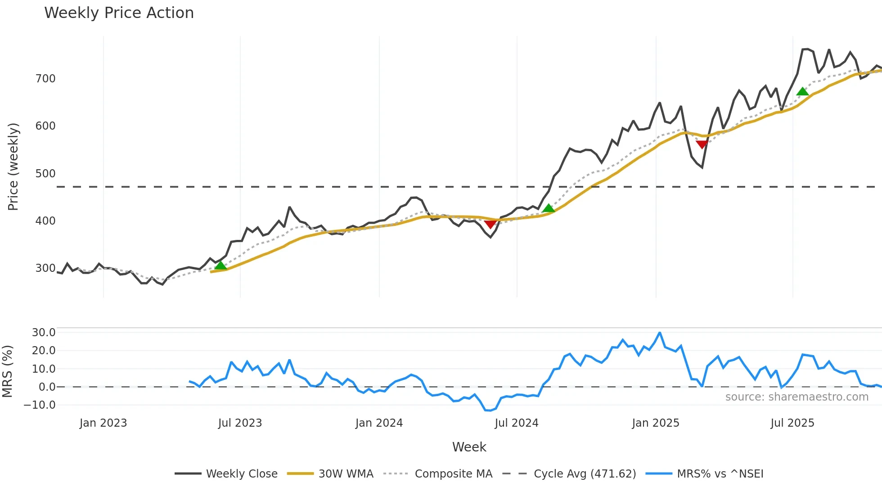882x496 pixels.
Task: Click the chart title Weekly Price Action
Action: click(x=119, y=13)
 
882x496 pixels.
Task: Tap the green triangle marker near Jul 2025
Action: click(x=802, y=92)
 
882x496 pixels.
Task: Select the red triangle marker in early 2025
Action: click(x=702, y=144)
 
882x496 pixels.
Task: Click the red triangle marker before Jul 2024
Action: click(x=490, y=224)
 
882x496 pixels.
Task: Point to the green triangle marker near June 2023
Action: click(x=220, y=265)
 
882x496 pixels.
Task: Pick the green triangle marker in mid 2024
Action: click(x=549, y=208)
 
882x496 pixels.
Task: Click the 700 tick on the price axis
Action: click(x=45, y=79)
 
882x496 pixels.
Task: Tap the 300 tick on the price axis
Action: click(x=45, y=268)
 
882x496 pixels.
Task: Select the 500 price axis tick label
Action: click(x=45, y=174)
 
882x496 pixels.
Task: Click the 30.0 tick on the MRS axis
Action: click(x=44, y=333)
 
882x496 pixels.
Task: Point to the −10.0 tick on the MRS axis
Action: click(x=40, y=405)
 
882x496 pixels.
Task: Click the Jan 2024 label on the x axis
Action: click(x=379, y=423)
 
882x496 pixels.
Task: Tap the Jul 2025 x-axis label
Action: click(x=792, y=423)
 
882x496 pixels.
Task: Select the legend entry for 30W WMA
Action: click(x=346, y=474)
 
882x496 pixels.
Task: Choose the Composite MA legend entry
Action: click(x=453, y=474)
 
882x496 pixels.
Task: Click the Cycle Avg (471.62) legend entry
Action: click(x=585, y=474)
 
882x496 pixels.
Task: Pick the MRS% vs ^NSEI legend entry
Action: click(x=720, y=474)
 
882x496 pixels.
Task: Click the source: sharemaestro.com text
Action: click(x=796, y=397)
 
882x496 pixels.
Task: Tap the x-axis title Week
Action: click(x=469, y=447)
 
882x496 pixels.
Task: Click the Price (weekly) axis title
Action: click(x=13, y=167)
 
